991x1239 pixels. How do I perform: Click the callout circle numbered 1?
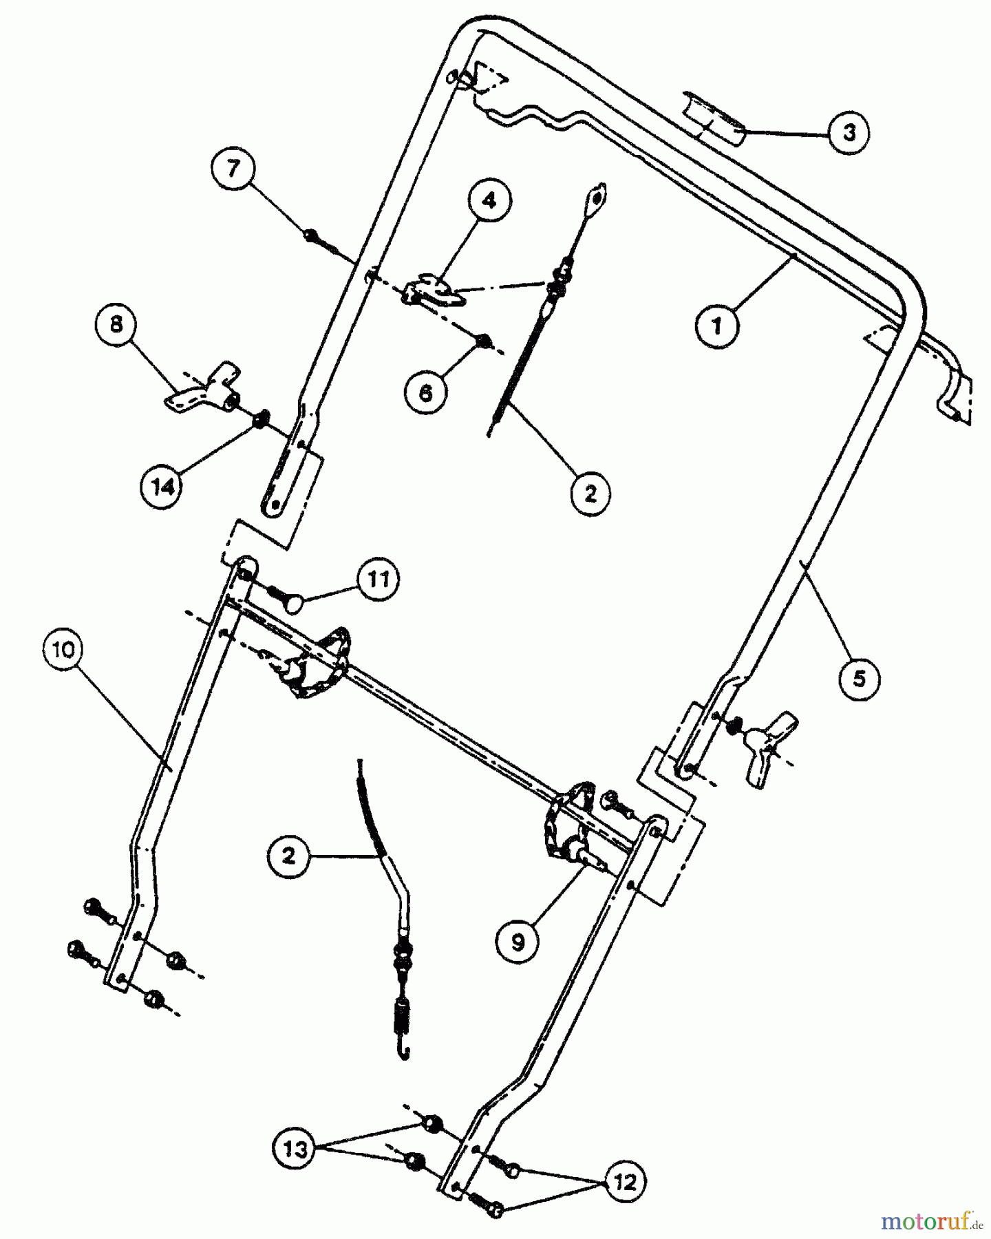[x=716, y=325]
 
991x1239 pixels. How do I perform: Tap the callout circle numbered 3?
[x=849, y=132]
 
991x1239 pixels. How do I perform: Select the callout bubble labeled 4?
[x=488, y=201]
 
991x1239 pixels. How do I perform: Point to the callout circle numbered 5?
[x=858, y=679]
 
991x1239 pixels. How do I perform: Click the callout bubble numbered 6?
[x=426, y=392]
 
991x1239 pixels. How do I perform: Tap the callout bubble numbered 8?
[x=116, y=324]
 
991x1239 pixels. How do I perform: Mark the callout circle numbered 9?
[x=518, y=941]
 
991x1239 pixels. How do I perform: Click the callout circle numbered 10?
[x=63, y=650]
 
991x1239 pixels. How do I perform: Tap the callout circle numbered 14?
[x=163, y=487]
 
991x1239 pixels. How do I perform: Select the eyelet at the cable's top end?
[x=596, y=198]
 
